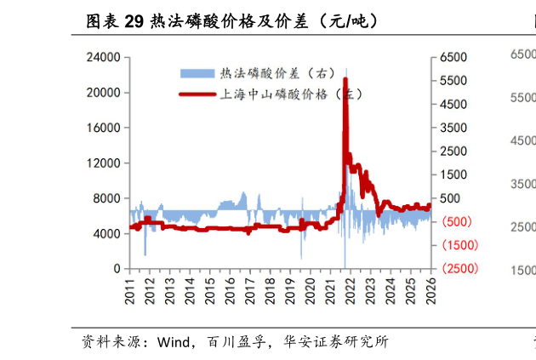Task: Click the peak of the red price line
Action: pyautogui.click(x=345, y=79)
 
